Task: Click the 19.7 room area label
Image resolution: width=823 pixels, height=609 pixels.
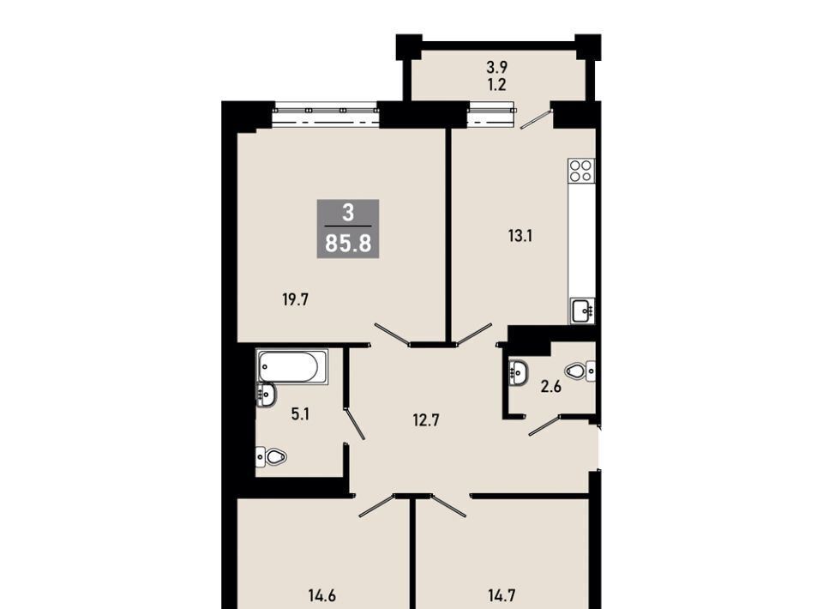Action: [x=296, y=299]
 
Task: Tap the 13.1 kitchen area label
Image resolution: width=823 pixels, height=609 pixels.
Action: [x=520, y=236]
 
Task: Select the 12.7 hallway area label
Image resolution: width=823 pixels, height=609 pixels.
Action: [x=426, y=420]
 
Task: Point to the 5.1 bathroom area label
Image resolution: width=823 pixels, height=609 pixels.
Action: [x=300, y=414]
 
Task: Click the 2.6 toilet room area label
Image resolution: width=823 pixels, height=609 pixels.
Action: [x=551, y=387]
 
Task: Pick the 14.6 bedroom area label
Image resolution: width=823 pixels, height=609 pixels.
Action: [x=321, y=596]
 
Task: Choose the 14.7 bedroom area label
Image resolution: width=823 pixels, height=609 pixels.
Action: [x=502, y=596]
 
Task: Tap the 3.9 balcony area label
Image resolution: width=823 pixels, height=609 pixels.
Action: [x=496, y=67]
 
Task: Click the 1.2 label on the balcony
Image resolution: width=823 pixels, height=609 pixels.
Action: [x=496, y=84]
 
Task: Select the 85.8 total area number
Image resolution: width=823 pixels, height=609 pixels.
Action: [x=348, y=244]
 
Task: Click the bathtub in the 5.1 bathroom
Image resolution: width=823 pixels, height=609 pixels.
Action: [x=291, y=366]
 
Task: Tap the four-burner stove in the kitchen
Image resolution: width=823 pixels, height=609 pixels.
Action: [x=581, y=171]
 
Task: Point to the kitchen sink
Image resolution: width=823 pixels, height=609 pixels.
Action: [x=582, y=311]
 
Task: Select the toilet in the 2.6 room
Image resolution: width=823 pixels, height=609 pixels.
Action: [x=580, y=371]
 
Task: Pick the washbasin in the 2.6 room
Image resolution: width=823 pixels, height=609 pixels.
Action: [x=518, y=372]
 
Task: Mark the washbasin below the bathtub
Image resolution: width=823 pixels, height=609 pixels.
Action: [x=266, y=395]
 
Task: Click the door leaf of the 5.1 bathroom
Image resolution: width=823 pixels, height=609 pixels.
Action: [x=354, y=424]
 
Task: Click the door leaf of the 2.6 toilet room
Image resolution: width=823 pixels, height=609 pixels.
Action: [x=545, y=425]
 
